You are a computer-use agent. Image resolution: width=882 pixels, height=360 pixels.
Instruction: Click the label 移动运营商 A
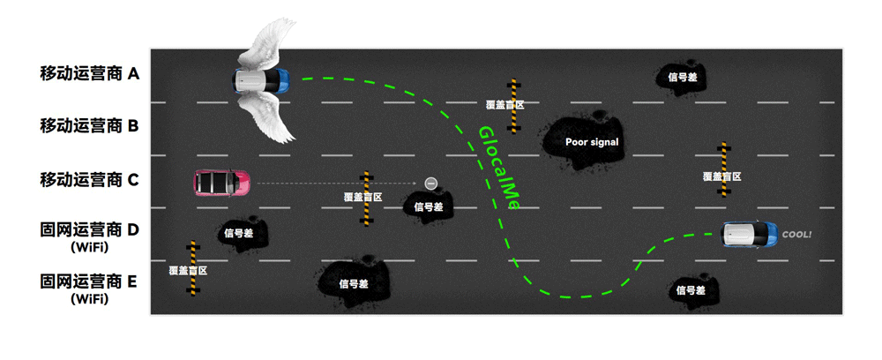tap(89, 73)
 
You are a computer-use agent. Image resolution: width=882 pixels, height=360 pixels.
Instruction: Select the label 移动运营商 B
tap(89, 126)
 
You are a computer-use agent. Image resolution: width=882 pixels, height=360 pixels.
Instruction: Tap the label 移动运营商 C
tap(89, 180)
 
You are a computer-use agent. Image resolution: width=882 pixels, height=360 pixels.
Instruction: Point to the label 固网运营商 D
tap(89, 229)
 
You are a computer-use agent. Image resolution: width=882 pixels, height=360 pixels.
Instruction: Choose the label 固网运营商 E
tap(89, 281)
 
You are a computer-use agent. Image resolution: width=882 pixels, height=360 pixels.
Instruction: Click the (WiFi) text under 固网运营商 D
tap(90, 247)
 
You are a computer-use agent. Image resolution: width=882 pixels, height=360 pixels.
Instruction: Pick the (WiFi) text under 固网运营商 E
tap(90, 299)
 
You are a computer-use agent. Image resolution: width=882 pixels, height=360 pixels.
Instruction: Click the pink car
tap(222, 184)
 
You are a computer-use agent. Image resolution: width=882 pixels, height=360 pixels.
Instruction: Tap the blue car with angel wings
tap(261, 81)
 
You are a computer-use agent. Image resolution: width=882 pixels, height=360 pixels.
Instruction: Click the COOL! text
tap(796, 235)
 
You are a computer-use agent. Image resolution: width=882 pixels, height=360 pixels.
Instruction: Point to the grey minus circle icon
tap(431, 183)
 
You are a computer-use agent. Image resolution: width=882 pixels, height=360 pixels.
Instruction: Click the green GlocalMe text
tap(497, 169)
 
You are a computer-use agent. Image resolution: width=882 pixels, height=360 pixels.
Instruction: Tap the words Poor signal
tap(592, 142)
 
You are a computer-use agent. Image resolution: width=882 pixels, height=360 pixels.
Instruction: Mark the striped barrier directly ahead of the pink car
tap(366, 198)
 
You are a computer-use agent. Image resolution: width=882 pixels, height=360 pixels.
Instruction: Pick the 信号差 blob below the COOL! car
tap(691, 290)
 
